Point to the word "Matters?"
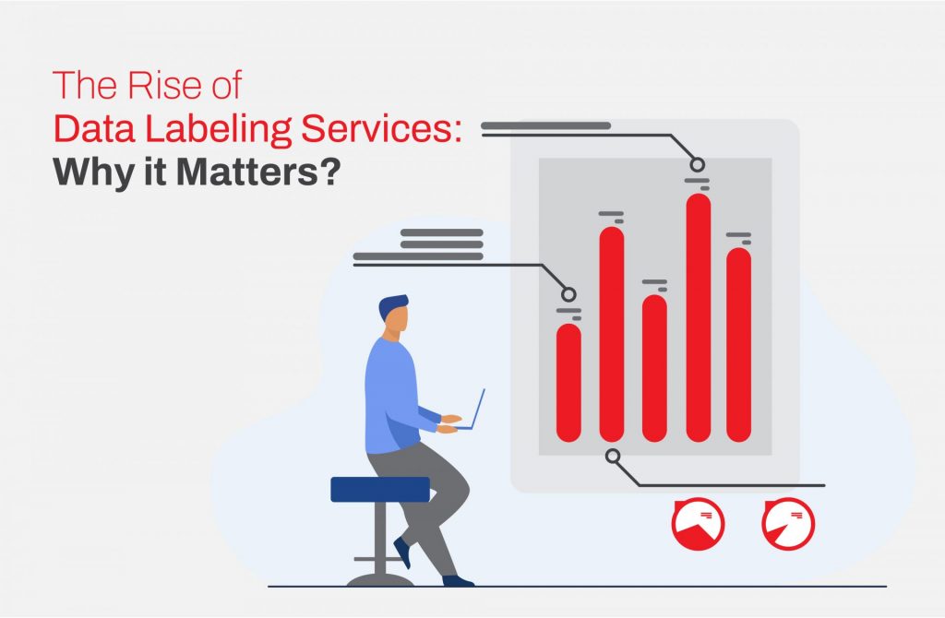258,172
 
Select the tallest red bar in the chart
699,317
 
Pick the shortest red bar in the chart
568,383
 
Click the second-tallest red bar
612,334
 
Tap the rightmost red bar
739,345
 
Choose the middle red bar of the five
654,368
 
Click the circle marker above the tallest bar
698,164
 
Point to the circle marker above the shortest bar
568,294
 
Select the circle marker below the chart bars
613,456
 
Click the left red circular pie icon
698,523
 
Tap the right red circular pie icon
788,523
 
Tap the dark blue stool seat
380,489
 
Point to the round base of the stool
379,580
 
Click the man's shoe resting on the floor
458,581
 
